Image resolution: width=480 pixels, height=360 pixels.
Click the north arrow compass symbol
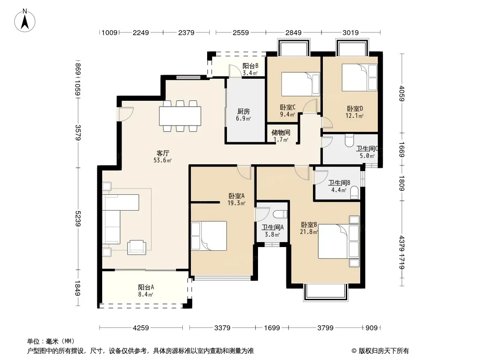coord(25,21)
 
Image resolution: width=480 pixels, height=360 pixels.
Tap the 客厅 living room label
coord(163,153)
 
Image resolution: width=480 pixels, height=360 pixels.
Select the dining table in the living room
coord(180,116)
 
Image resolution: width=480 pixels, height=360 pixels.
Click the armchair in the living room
coord(136,247)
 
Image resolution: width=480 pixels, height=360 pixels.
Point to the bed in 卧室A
coord(209,236)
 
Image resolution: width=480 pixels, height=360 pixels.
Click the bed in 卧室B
coord(339,241)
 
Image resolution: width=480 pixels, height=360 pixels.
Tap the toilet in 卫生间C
coord(349,140)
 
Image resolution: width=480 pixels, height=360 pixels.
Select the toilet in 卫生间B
coord(354,193)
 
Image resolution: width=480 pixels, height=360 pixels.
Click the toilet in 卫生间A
coord(280,214)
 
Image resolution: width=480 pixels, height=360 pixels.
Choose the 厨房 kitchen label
coord(243,111)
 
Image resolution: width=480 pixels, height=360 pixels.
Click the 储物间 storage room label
coord(281,132)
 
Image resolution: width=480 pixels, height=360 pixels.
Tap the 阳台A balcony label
coord(146,287)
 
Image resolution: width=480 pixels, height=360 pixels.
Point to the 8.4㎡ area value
coord(145,295)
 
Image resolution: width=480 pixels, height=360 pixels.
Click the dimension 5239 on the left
coord(78,219)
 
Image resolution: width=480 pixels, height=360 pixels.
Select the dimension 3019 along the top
coord(350,32)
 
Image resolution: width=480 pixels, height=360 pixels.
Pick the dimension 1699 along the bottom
coord(272,328)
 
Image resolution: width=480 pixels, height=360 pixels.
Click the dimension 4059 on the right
coord(402,94)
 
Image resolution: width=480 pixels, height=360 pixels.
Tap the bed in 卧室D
coord(359,77)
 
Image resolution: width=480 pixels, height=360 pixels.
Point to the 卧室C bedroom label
coord(287,108)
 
